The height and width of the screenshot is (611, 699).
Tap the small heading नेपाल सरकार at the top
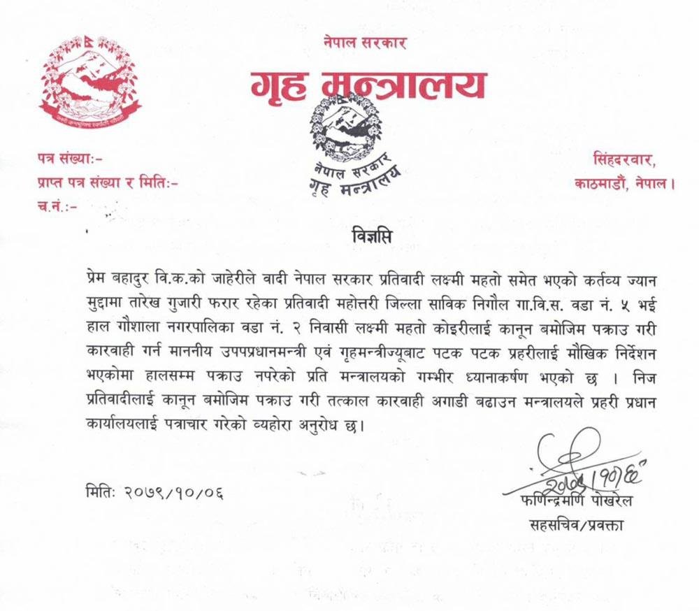click(x=364, y=43)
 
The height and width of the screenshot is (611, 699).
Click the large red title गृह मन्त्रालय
click(x=367, y=86)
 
